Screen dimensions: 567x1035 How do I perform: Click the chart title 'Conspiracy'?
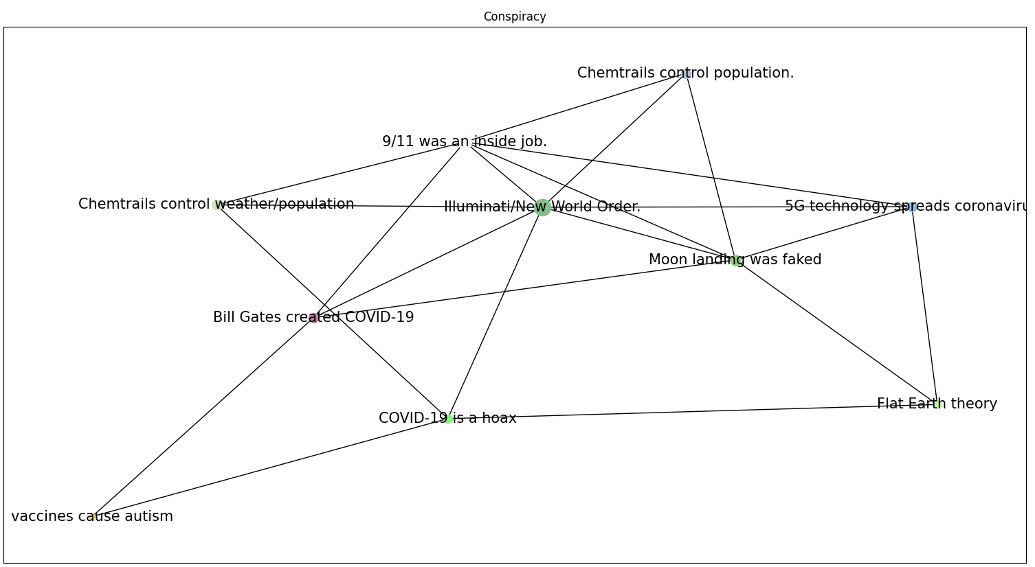(x=514, y=16)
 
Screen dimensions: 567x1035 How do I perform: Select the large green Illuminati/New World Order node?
(x=542, y=207)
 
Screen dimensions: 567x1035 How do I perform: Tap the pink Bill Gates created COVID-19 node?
(x=313, y=318)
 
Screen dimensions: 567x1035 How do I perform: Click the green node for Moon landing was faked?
(x=735, y=260)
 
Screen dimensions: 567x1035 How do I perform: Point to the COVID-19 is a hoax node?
(x=448, y=419)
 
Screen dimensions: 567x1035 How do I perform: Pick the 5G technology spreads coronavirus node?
(x=911, y=207)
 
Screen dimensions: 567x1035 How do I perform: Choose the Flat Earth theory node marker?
(x=937, y=404)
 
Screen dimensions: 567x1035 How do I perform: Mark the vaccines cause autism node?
(x=93, y=517)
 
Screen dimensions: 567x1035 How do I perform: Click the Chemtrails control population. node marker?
(x=686, y=73)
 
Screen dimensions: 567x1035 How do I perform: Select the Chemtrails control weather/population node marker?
(x=216, y=205)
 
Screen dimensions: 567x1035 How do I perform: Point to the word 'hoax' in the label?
(x=498, y=418)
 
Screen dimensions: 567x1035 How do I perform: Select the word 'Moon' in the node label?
(x=669, y=259)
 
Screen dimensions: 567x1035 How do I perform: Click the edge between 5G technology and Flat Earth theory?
(x=924, y=305)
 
